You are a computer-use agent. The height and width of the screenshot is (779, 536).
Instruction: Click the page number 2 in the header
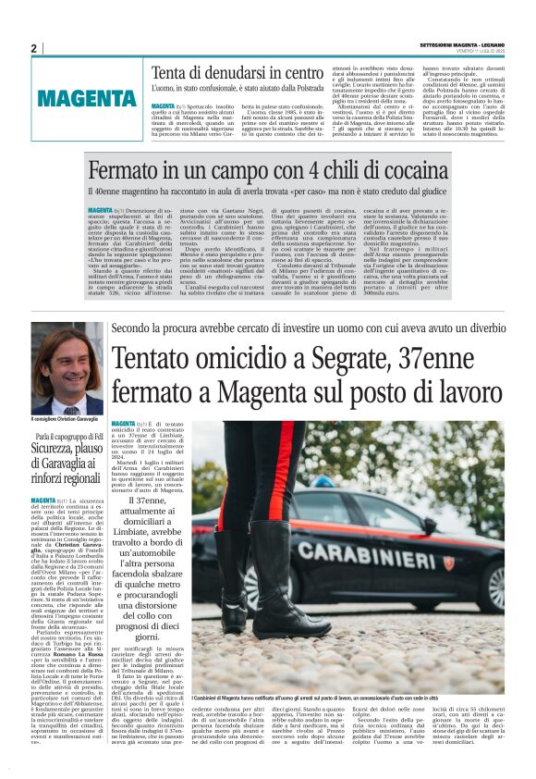pyautogui.click(x=32, y=48)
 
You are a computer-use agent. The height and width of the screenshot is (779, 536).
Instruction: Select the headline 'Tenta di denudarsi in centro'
pyautogui.click(x=238, y=73)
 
